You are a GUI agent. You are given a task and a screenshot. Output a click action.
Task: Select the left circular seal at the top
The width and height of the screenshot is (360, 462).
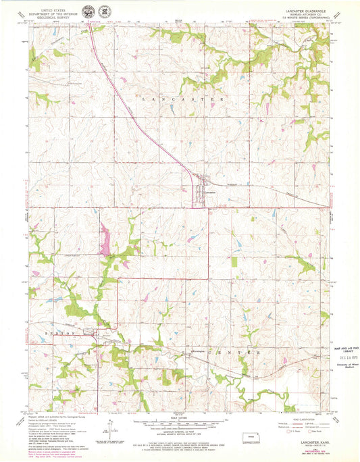[x=88, y=13]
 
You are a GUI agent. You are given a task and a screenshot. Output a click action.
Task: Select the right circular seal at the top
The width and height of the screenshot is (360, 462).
[x=105, y=13]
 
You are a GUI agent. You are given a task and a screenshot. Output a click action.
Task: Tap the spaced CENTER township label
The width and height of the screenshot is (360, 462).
[x=234, y=353]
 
